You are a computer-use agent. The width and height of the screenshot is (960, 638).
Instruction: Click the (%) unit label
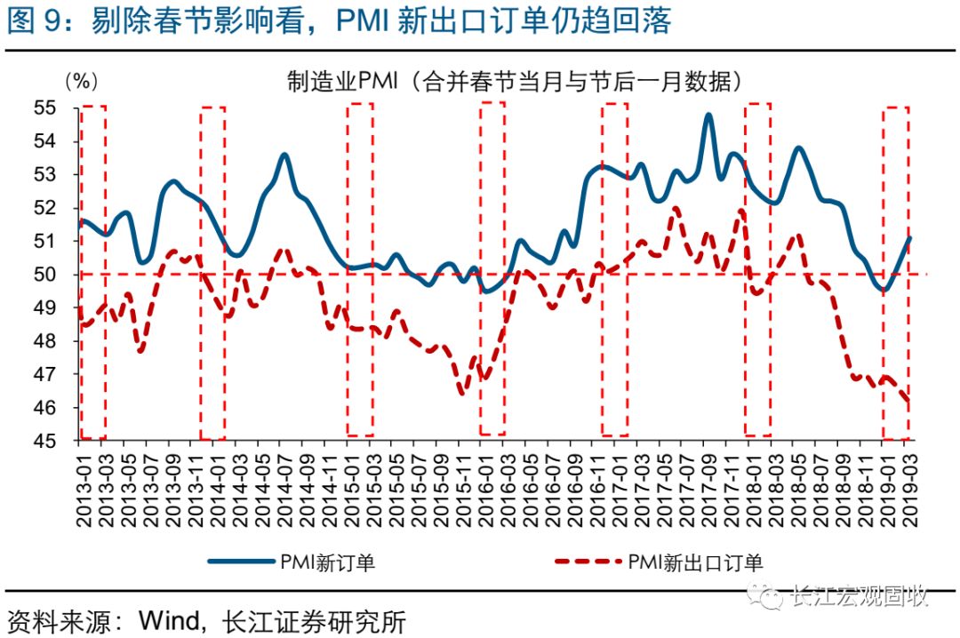(79, 81)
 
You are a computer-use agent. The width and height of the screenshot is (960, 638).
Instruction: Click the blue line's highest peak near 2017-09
(708, 115)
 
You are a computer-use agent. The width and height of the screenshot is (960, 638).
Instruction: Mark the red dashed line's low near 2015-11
(461, 392)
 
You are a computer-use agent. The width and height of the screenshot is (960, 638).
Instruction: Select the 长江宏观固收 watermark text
(858, 595)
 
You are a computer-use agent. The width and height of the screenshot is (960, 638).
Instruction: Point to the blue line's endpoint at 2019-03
(910, 237)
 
